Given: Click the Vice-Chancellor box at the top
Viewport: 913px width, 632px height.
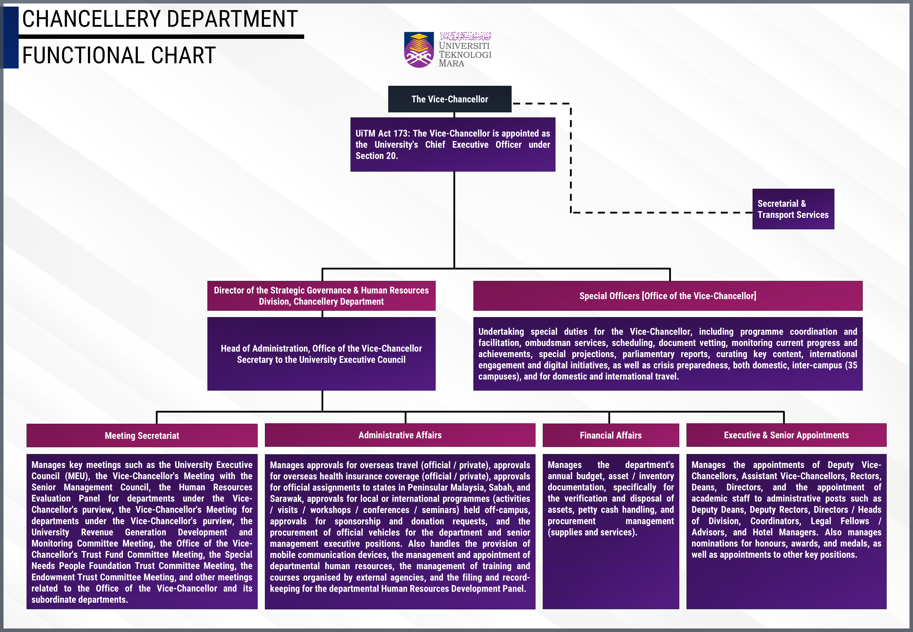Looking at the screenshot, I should click(x=449, y=99).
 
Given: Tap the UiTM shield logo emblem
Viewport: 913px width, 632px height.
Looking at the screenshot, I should click(x=419, y=50).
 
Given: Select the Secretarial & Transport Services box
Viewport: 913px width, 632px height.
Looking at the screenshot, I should click(x=793, y=209).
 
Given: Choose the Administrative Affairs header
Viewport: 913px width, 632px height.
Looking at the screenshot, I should click(x=400, y=435).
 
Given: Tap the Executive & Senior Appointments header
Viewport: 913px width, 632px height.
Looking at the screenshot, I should click(x=786, y=435).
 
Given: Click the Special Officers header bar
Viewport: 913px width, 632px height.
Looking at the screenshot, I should click(x=668, y=296).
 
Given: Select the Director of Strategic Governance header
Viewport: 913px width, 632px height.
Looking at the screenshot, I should click(x=321, y=296).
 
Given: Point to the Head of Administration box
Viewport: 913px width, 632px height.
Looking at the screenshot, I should click(x=321, y=354).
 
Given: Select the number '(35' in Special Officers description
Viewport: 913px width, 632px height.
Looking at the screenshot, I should click(x=851, y=365).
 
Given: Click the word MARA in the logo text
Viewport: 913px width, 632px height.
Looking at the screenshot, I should click(x=451, y=63).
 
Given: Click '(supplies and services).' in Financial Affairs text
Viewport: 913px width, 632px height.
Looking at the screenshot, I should click(x=592, y=532).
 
